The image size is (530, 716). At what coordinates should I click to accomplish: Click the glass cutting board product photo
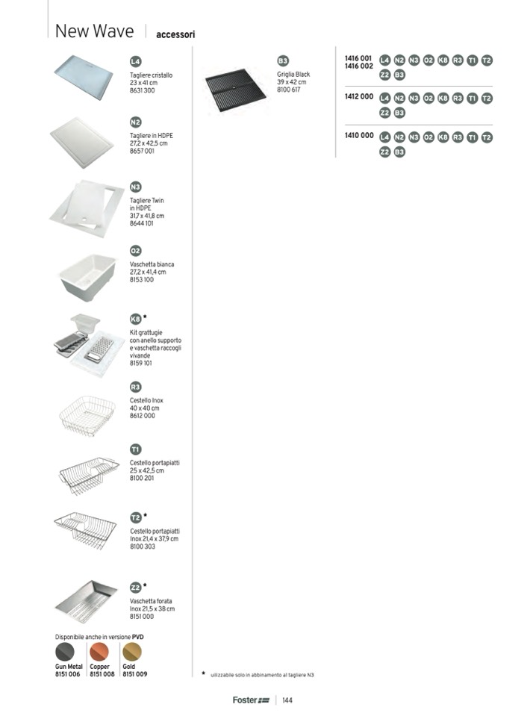click(x=83, y=76)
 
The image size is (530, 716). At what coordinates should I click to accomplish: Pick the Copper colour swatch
click(x=99, y=652)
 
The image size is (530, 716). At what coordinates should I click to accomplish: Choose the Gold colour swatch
click(x=132, y=652)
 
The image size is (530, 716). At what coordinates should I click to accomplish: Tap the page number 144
click(x=287, y=700)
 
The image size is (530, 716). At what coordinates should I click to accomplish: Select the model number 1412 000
click(x=358, y=97)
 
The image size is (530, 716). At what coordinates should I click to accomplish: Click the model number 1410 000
click(x=358, y=137)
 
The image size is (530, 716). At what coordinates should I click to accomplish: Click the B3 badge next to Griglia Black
click(x=283, y=60)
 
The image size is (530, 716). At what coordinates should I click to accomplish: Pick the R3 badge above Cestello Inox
click(x=135, y=387)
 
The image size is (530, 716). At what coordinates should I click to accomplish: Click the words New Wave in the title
click(x=95, y=31)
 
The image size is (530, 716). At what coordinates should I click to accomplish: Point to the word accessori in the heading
click(x=175, y=34)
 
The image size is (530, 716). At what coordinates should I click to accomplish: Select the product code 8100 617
click(x=288, y=90)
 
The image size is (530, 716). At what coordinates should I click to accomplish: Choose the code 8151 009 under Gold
click(x=135, y=674)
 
